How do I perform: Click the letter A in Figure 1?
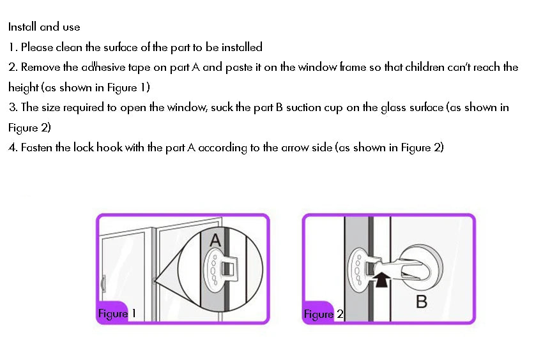pos(215,241)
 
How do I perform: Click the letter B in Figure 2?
pos(421,301)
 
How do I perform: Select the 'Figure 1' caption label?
pos(116,313)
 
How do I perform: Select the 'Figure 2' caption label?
pos(323,314)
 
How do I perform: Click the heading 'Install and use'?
pos(44,27)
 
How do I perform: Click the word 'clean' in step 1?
pos(70,47)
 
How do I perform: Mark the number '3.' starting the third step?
pos(13,107)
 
